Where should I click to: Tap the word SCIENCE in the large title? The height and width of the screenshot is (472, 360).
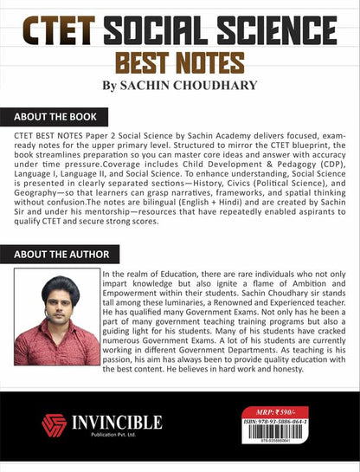pos(283,30)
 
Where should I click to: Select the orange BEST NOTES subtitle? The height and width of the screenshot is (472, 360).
pos(180,63)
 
